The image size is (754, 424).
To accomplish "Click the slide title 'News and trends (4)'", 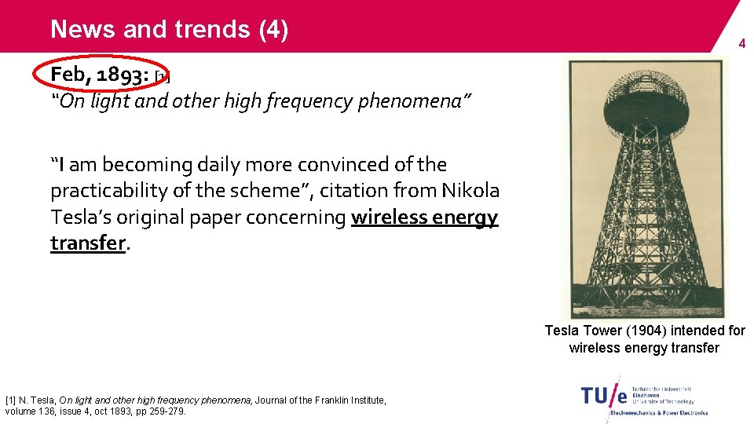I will pos(169,30).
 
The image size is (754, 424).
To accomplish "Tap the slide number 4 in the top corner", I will pos(741,45).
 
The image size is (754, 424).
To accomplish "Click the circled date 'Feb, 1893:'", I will pos(100,75).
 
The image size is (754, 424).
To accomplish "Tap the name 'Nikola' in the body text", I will pos(470,191).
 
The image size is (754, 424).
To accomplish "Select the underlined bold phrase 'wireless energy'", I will pos(424,217).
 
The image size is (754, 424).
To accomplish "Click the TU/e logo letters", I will pos(604,395).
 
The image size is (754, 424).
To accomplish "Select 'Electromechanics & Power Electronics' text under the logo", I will pos(658,412).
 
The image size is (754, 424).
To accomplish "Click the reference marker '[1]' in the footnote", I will pos(10,400).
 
